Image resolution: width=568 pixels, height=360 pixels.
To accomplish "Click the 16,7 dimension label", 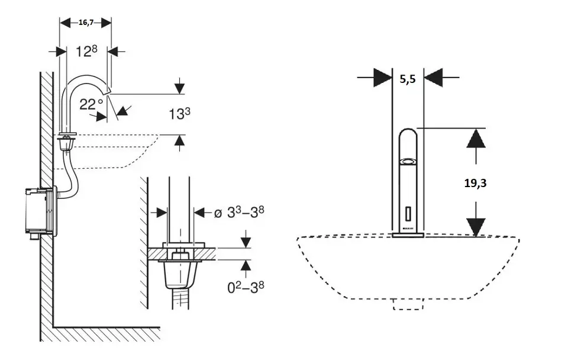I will point(86,22).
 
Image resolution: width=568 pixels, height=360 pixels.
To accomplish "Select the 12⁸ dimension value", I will point(86,52).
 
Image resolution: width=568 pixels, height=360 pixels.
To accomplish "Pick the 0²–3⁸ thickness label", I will point(246,288).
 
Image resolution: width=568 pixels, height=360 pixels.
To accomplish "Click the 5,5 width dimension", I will point(408,77).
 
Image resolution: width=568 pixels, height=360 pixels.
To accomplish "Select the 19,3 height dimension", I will point(476,183).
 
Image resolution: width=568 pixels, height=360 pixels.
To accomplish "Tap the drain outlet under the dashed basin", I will point(408,304).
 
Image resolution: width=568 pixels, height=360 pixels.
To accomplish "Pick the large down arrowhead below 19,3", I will point(476,227).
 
